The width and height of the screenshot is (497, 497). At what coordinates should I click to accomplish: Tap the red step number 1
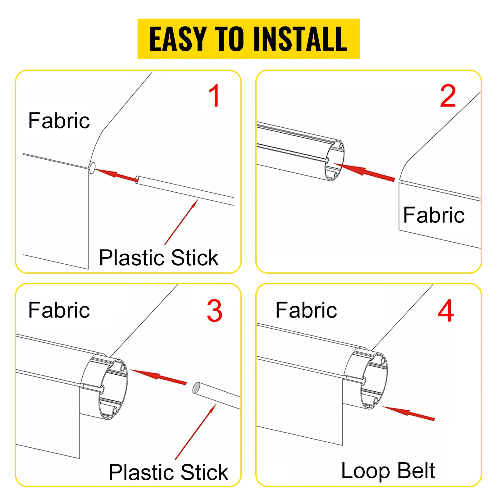215,96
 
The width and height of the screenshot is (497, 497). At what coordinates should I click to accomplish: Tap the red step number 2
448,96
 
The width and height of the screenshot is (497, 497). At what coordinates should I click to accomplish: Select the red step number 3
215,311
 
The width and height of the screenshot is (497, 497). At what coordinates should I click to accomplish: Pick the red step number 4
446,311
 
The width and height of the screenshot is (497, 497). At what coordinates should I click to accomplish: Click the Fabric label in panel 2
434,215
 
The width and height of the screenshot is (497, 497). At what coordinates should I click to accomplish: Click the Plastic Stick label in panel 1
159,258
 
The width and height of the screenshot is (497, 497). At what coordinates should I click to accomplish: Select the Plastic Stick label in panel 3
168,472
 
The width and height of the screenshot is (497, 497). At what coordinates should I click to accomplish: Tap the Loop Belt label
388,471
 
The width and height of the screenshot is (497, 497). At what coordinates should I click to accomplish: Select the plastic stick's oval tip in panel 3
196,388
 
